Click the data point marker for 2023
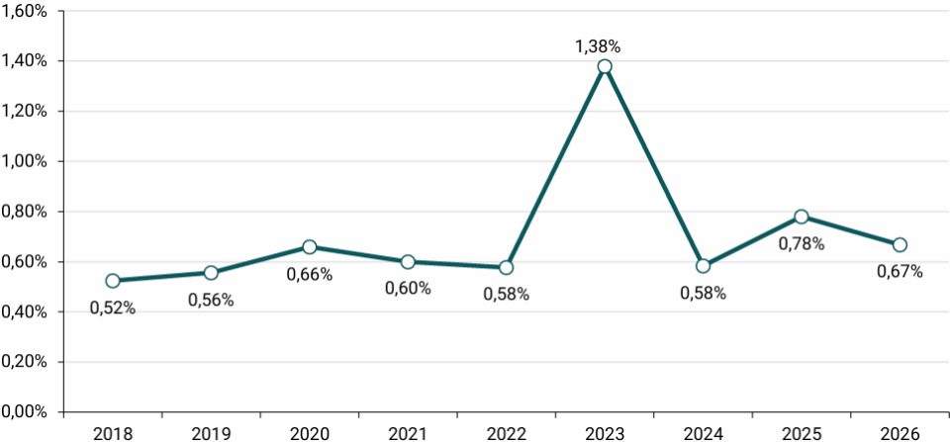604,66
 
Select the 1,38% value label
598,46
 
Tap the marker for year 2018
113,281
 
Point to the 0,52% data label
113,309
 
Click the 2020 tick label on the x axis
310,433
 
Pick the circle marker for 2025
801,217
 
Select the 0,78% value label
802,244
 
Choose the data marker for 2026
900,244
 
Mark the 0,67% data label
900,272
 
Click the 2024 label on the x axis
703,433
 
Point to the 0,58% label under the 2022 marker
506,295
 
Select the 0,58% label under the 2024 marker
703,293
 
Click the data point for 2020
310,247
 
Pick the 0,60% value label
408,289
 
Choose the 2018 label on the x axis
113,433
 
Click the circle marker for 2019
211,273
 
